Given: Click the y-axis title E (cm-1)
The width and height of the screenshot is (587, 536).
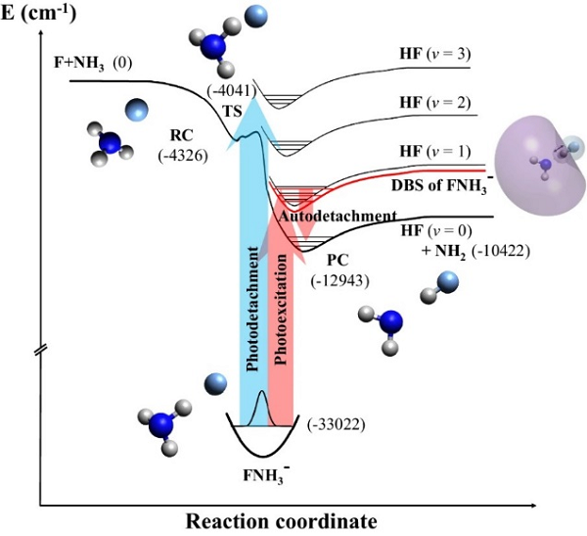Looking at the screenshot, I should pyautogui.click(x=40, y=13).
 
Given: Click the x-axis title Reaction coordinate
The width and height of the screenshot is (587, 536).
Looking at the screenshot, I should pyautogui.click(x=277, y=519).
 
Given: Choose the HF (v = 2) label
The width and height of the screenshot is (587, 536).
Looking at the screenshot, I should pyautogui.click(x=430, y=102).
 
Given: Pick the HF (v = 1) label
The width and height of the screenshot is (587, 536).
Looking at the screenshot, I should pyautogui.click(x=430, y=152).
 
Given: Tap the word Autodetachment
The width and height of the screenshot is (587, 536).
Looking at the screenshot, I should pyautogui.click(x=338, y=215).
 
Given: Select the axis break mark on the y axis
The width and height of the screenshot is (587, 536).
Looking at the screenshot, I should pyautogui.click(x=40, y=350).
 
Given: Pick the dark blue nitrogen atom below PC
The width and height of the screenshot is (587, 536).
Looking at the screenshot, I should pyautogui.click(x=390, y=322).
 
